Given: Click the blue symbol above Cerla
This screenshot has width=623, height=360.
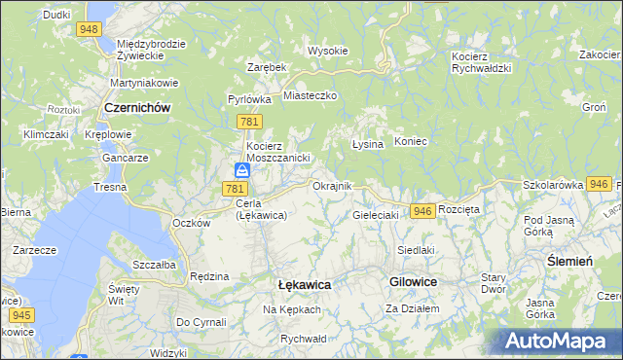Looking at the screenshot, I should [241, 170].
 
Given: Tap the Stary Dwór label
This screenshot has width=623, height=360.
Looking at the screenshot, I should [494, 283].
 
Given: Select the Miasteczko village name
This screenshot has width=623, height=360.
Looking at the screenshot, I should [310, 96].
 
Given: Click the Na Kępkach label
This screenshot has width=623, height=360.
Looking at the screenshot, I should [291, 309].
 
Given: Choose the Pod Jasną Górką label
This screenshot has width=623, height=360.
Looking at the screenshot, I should [552, 227].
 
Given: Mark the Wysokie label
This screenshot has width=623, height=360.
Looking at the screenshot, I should [328, 51].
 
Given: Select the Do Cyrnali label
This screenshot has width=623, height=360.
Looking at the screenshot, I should [201, 322].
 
